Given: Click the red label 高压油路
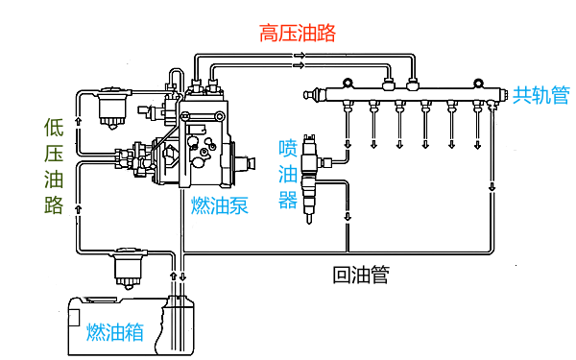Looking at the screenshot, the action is (298, 33).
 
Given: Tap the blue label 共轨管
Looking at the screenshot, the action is (540, 95).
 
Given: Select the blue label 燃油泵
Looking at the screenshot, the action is (220, 205).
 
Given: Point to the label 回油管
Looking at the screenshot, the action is (361, 275).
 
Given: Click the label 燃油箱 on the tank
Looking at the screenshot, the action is (115, 332).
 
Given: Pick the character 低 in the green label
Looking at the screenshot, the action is (54, 128).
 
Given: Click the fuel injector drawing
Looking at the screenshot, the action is (310, 179).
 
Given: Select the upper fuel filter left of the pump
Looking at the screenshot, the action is (112, 108).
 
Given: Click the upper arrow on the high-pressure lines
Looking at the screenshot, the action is (300, 56).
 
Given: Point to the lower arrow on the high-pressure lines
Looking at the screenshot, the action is (300, 65).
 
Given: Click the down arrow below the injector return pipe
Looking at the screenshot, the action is (348, 216).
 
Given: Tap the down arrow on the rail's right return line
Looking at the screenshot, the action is (492, 186).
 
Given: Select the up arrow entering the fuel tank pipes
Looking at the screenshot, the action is (174, 276).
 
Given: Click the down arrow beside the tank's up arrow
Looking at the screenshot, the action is (182, 276).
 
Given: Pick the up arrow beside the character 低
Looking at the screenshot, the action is (79, 121).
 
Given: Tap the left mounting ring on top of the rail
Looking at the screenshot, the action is (348, 84).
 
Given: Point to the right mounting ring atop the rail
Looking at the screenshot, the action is (478, 84).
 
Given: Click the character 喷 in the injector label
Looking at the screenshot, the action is (288, 148).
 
